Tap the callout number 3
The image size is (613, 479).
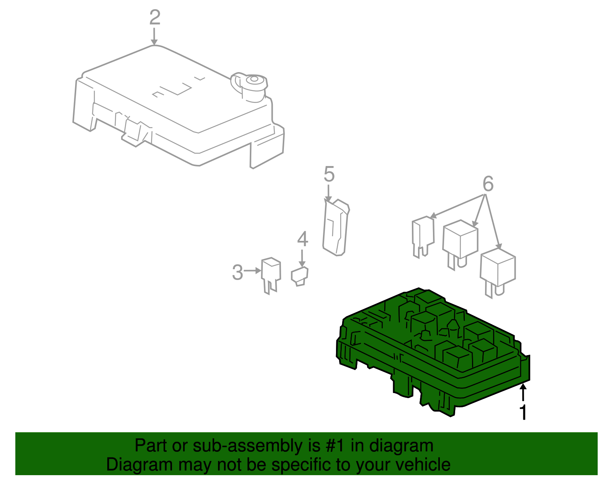237,272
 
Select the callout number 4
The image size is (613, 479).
302,239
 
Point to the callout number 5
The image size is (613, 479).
329,174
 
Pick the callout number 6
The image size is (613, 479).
488,183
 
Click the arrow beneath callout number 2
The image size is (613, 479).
154,36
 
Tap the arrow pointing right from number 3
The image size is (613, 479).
252,271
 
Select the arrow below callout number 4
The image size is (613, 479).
302,258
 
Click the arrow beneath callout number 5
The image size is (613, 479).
328,193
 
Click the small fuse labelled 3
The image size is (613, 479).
271,275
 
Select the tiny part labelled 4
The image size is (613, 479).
300,277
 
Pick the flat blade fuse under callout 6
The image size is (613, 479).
423,237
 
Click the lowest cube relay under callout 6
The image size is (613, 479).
498,272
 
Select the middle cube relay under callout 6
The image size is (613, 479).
460,244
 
